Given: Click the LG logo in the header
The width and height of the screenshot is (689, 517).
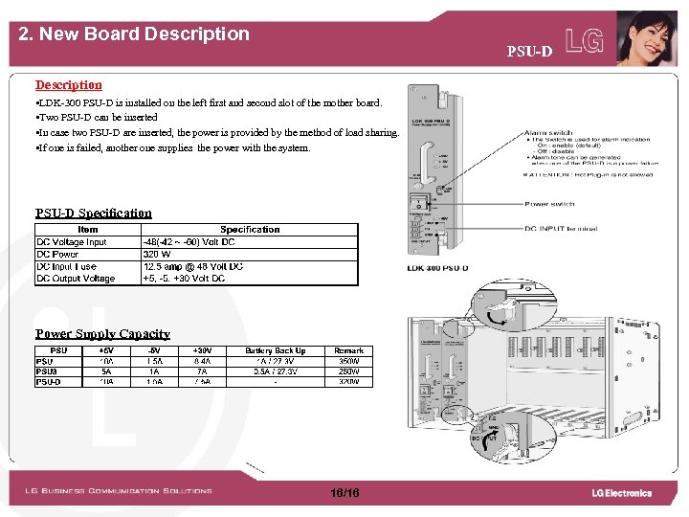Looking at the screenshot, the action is (x=585, y=39).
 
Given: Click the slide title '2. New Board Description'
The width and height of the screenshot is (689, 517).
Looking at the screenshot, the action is (x=134, y=34).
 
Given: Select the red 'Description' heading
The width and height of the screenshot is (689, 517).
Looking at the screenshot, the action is (x=68, y=85).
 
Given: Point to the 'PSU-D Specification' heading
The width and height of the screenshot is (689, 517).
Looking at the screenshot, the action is (x=94, y=214).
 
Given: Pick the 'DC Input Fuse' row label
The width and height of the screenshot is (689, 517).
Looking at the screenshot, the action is (x=66, y=266).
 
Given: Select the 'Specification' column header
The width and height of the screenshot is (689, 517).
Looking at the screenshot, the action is (x=250, y=230).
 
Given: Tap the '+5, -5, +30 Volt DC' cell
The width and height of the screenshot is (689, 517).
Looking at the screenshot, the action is (x=184, y=279).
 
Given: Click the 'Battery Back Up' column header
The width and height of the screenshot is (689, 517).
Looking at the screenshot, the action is (x=276, y=351).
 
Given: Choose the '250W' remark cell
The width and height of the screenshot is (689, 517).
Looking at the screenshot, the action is (x=348, y=371).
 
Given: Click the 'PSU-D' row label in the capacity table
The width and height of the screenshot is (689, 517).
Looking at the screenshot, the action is (x=49, y=382).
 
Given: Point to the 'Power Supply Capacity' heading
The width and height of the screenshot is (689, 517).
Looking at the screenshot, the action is (x=102, y=334).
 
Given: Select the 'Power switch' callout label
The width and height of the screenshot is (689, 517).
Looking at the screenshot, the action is (x=549, y=204).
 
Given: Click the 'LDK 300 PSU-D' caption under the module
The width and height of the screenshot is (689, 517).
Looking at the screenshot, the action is (x=437, y=267).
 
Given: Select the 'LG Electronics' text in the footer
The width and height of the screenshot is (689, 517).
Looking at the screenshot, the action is (x=621, y=493).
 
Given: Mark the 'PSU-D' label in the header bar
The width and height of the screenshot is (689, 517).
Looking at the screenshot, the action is (x=529, y=51).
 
